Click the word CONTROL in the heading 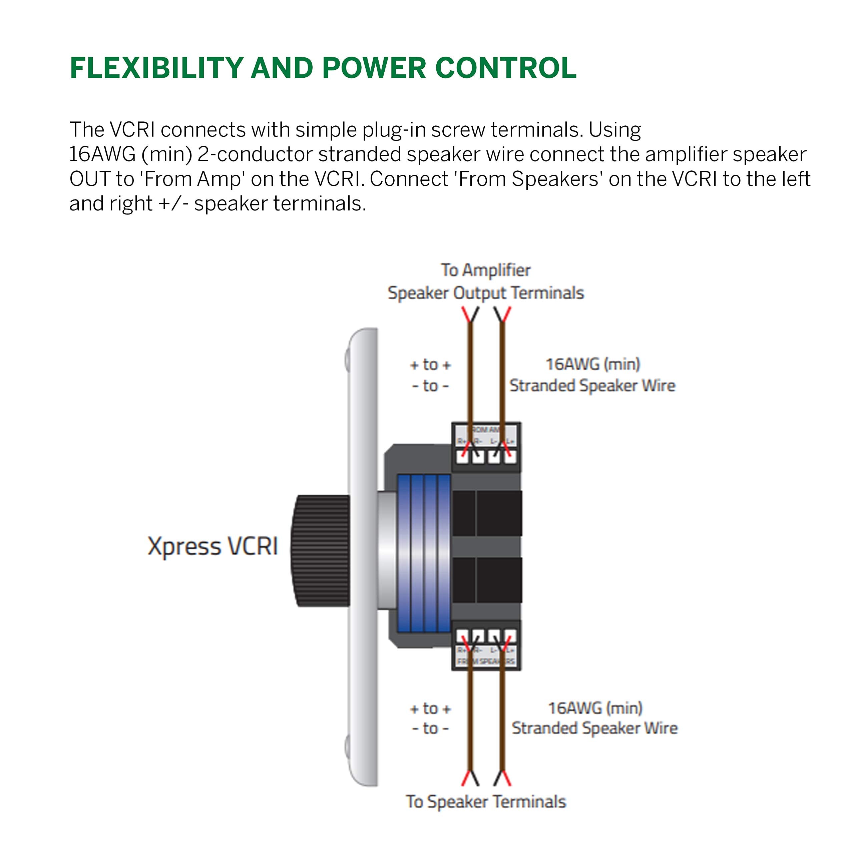[506, 68]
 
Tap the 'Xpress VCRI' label [212, 546]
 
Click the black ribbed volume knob [321, 550]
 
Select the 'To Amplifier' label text [485, 270]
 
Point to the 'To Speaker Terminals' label [486, 801]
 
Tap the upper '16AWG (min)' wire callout [592, 364]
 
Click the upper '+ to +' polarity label [430, 365]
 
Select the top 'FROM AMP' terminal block [486, 446]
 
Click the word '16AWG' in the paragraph [102, 154]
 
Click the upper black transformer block [486, 513]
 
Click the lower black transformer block [486, 580]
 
